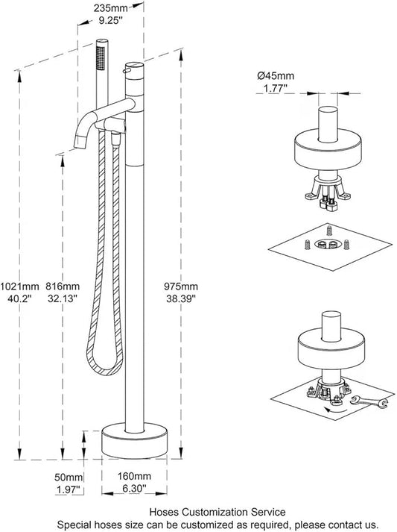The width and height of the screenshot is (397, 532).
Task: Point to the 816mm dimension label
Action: coord(63,287)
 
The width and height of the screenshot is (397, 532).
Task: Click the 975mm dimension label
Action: coord(182,287)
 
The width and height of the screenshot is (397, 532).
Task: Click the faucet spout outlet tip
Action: coord(78,143)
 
